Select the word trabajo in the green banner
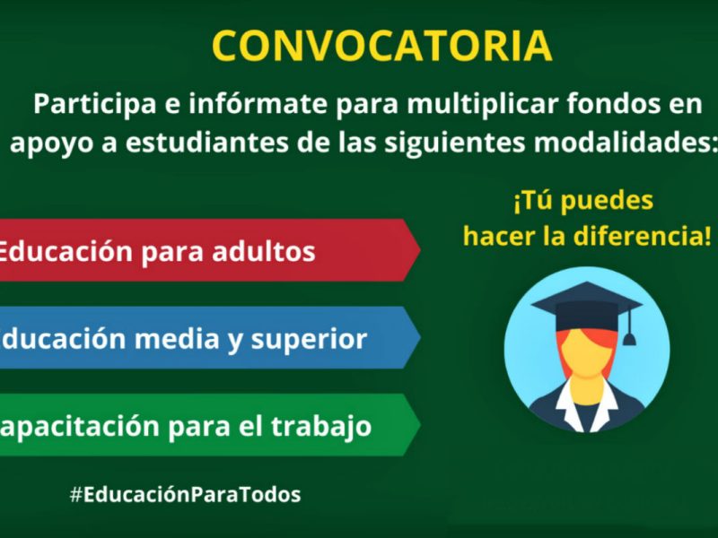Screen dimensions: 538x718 [x=322, y=426]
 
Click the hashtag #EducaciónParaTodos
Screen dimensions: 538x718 [x=185, y=494]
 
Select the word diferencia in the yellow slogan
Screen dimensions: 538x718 [x=644, y=237]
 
